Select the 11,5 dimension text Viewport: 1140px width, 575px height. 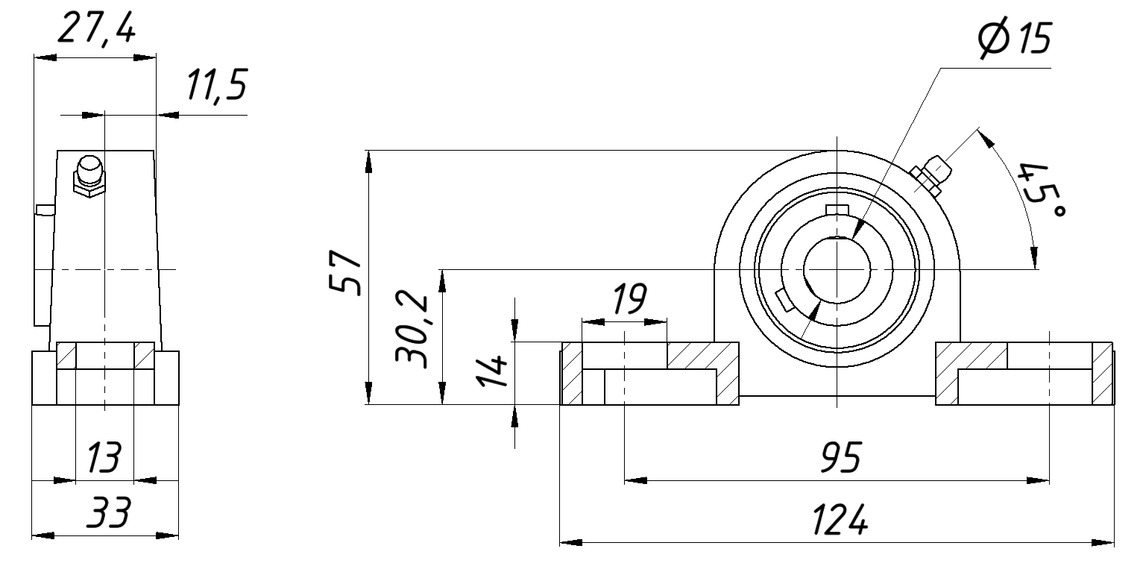[217, 85]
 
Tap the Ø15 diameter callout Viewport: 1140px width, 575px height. [1014, 38]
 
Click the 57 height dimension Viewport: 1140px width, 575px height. [345, 271]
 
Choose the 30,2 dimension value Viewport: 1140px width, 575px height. [412, 330]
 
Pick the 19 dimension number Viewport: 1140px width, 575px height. [629, 298]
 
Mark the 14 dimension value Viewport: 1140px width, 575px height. [491, 371]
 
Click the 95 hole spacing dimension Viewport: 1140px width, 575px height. [841, 457]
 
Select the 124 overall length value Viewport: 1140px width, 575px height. [840, 519]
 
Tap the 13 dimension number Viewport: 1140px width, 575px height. [104, 457]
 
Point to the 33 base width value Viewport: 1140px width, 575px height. [108, 512]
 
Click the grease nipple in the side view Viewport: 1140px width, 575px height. [89, 176]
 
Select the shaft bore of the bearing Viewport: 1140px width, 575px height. [837, 270]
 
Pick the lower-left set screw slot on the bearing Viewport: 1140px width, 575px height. [784, 301]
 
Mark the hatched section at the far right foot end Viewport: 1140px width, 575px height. [1102, 374]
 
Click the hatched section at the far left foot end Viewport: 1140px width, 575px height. [572, 374]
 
